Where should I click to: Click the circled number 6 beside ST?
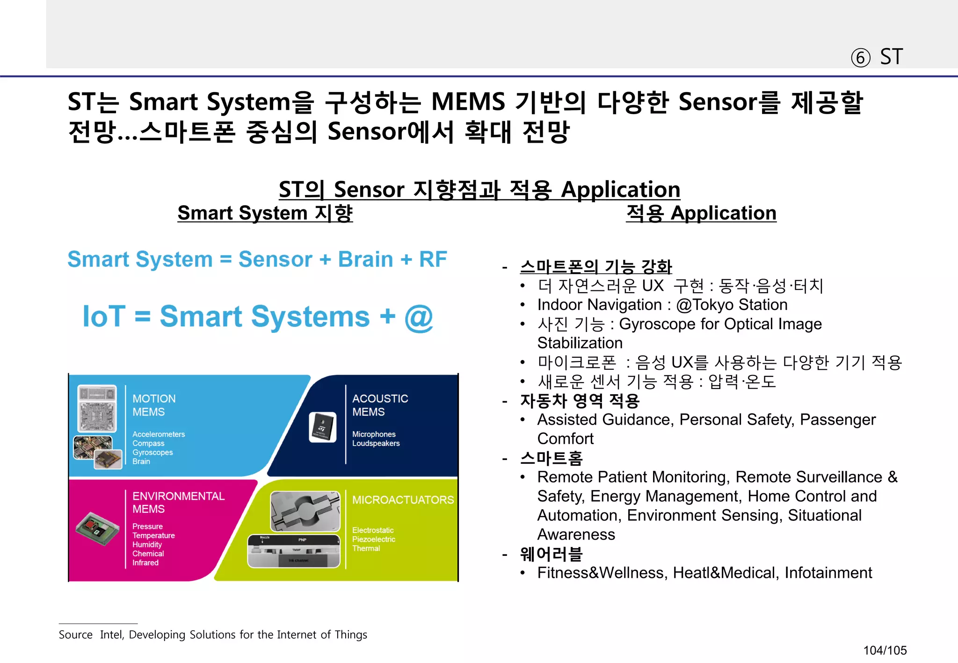coord(860,58)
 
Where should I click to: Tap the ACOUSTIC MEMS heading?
coord(380,405)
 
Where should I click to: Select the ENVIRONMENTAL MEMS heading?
coord(178,503)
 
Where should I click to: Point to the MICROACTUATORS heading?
coord(403,500)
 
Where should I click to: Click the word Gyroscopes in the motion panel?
coord(152,453)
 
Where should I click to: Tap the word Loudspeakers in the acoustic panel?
coord(376,443)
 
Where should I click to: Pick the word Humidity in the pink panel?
coord(147,545)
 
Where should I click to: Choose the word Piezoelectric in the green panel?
coord(373,539)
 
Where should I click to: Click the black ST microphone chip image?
coord(323,427)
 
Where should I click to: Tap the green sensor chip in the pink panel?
coord(97,529)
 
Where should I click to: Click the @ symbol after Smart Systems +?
coord(418,318)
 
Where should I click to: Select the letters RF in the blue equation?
coord(433,259)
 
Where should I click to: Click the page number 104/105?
coord(885,650)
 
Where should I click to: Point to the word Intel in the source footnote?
coord(111,635)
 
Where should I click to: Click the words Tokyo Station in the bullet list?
coord(740,305)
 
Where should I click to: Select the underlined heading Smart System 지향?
coord(265,213)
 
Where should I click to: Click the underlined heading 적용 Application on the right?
coord(701,213)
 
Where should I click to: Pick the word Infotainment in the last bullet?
coord(828,573)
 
